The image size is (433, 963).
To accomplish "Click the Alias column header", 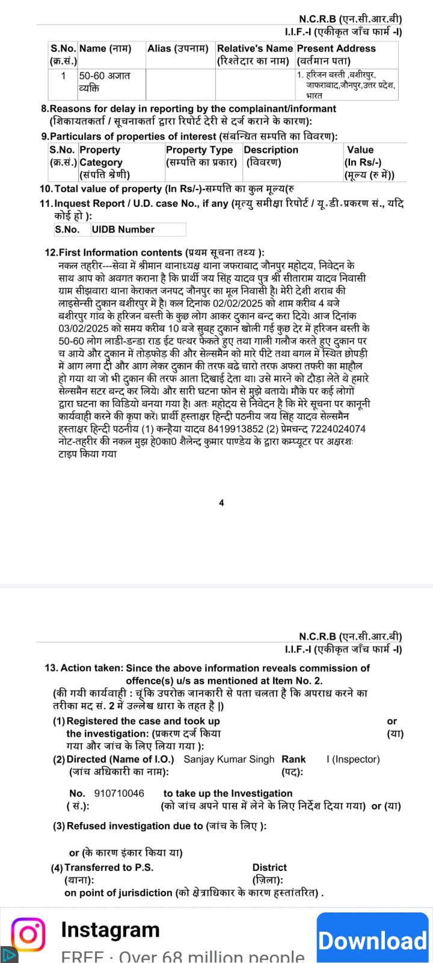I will (x=178, y=48).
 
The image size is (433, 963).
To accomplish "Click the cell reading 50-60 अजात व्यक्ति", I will (x=104, y=82).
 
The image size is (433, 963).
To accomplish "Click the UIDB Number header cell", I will (x=123, y=229).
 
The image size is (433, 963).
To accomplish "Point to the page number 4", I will (x=221, y=503).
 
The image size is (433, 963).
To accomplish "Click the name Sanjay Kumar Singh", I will (x=229, y=759).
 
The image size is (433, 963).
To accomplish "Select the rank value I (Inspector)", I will (x=353, y=759).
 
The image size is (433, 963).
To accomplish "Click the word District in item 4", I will (x=269, y=867).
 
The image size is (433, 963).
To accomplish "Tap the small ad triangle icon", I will (x=8, y=955).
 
